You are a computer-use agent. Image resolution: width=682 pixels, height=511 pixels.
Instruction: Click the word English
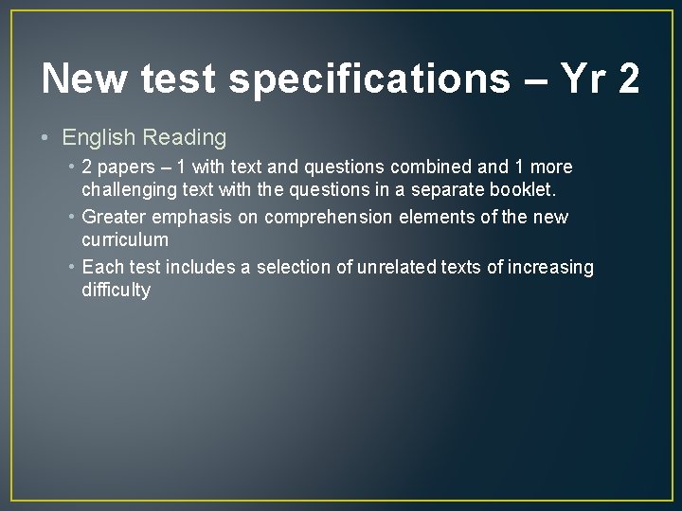(x=99, y=138)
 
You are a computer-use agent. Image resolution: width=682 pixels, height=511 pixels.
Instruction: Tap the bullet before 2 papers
(x=72, y=167)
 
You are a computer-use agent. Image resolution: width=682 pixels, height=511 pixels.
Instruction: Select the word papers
(x=128, y=167)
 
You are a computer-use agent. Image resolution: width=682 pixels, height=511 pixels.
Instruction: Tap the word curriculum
(x=125, y=240)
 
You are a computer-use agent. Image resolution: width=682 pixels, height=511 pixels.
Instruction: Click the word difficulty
(x=116, y=291)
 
